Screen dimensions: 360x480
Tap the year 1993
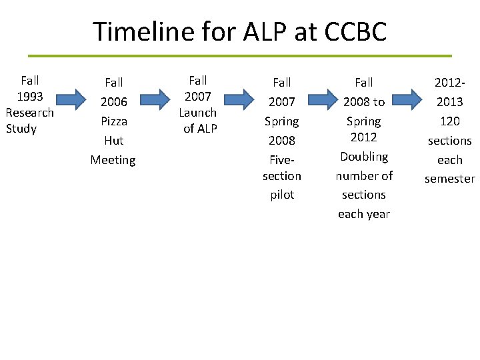tap(30, 97)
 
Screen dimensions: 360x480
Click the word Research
tap(30, 113)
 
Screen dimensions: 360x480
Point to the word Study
tap(21, 129)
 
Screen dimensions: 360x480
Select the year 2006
tap(113, 102)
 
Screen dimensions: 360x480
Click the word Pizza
tap(113, 121)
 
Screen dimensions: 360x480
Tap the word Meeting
tap(113, 160)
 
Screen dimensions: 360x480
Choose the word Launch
tap(198, 113)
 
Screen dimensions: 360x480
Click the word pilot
tap(282, 195)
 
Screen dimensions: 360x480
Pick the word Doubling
tap(364, 157)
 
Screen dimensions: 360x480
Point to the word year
tap(377, 214)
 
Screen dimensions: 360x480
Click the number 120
tap(449, 121)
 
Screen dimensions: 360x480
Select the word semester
tap(449, 179)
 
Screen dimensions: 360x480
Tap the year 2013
tap(449, 102)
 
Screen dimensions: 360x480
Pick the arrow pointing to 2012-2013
tap(410, 100)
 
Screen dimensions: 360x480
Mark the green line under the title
tap(240, 55)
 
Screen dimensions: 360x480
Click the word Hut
tap(113, 141)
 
